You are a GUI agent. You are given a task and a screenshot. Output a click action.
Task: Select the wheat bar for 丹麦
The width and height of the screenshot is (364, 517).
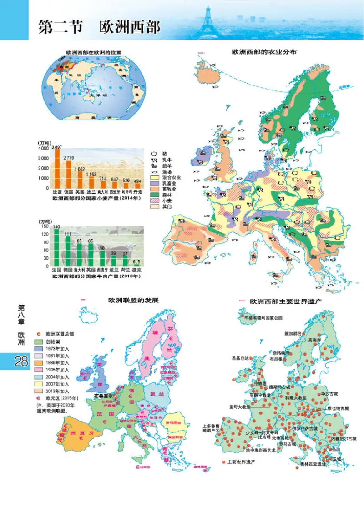pyautogui.click(x=137, y=186)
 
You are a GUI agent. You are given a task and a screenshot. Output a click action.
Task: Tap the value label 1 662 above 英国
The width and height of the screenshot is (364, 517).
pyautogui.click(x=79, y=168)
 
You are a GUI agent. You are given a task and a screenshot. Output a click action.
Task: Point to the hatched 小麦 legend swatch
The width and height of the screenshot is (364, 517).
pyautogui.click(x=154, y=200)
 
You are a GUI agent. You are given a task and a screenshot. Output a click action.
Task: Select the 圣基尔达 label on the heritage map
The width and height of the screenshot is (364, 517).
pyautogui.click(x=240, y=358)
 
